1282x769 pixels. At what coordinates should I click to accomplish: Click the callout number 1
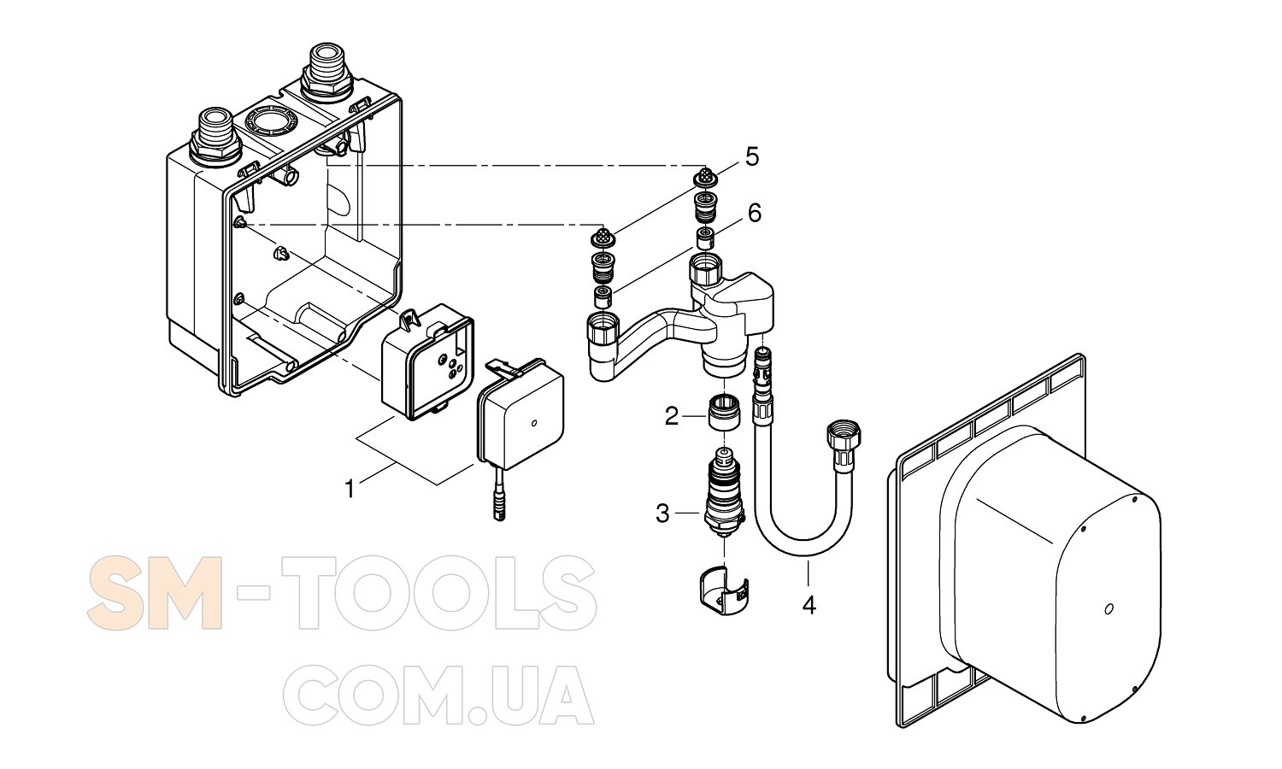tap(350, 490)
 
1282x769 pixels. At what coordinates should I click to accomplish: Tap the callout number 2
tap(671, 416)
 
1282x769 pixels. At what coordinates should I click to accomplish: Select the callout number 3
tap(662, 514)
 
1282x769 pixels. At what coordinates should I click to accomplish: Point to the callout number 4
tap(809, 604)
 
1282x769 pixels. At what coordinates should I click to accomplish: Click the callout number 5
tap(751, 156)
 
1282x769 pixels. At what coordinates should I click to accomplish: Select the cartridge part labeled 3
tap(723, 492)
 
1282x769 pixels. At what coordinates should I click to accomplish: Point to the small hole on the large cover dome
tap(1109, 609)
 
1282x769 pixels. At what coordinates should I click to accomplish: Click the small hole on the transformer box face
tap(533, 424)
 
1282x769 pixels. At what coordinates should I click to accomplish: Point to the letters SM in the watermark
tap(155, 592)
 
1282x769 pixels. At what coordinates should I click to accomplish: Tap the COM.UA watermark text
tap(438, 696)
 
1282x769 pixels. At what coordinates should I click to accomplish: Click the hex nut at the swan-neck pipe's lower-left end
tap(603, 330)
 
